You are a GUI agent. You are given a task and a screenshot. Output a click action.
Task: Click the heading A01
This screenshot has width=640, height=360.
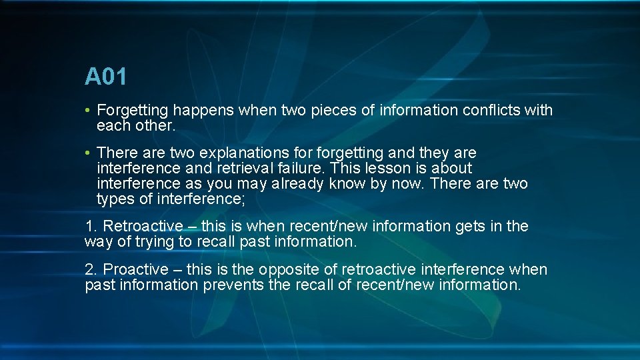(x=105, y=77)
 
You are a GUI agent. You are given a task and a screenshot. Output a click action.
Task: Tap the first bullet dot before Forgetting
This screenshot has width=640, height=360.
(x=88, y=111)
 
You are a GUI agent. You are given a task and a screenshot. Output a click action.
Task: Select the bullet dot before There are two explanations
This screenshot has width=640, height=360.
(x=88, y=154)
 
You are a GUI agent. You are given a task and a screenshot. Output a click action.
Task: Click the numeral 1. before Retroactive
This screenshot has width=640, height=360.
(x=91, y=227)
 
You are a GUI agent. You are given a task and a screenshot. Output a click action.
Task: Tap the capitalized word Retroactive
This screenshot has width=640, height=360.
(x=142, y=227)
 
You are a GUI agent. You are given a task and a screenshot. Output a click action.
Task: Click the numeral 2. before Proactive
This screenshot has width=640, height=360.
(x=91, y=270)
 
